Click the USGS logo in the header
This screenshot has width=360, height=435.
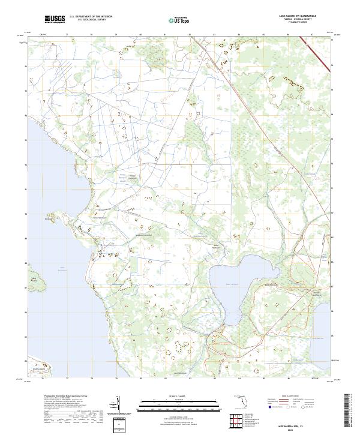pyautogui.click(x=55, y=20)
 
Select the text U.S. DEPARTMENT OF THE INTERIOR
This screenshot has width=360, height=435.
pyautogui.click(x=91, y=17)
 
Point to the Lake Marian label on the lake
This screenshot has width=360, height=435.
pyautogui.click(x=232, y=284)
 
